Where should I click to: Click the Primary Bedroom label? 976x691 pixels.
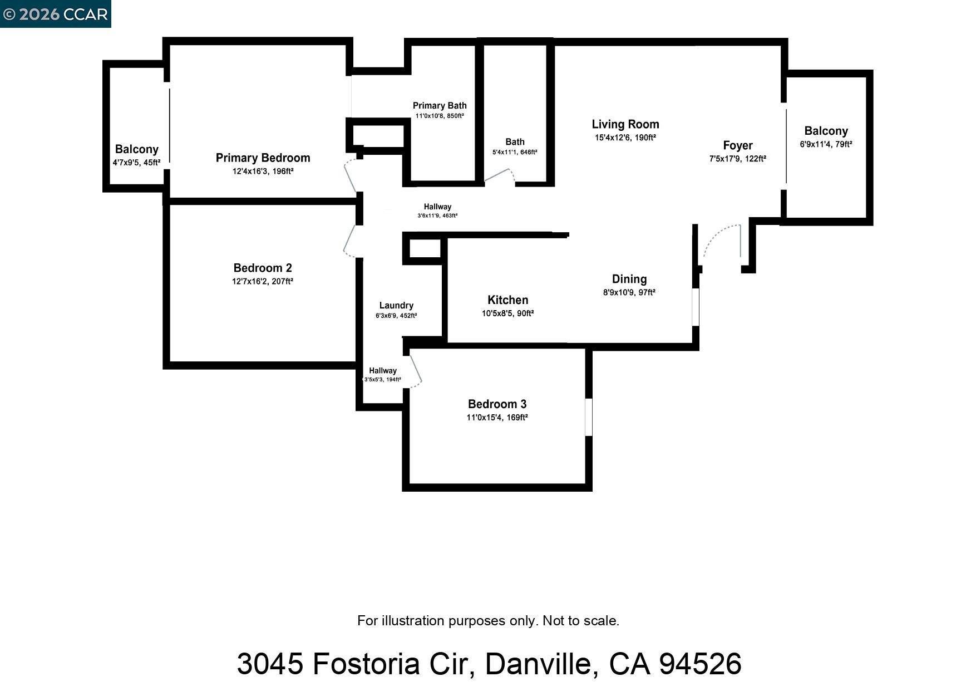tap(263, 158)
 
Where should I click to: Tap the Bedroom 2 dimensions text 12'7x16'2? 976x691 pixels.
tap(262, 282)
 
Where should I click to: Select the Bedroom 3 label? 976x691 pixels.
tap(497, 404)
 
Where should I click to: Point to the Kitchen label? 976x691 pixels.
tap(507, 300)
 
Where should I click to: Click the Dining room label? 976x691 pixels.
tap(629, 279)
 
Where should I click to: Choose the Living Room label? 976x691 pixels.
tap(625, 124)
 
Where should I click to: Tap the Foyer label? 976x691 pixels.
tap(737, 145)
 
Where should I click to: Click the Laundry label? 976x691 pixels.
tap(396, 305)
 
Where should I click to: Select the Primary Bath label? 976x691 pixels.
tap(440, 105)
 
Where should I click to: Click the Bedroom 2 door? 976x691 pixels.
tap(349, 241)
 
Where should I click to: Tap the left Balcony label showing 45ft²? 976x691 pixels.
tap(136, 149)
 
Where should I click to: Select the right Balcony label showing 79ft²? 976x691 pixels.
tap(826, 131)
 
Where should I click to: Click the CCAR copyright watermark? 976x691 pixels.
tap(55, 14)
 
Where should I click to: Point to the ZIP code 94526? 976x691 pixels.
tap(699, 664)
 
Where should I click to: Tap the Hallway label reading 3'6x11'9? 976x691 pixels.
tap(437, 207)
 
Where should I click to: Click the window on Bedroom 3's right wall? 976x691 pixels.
tap(589, 416)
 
